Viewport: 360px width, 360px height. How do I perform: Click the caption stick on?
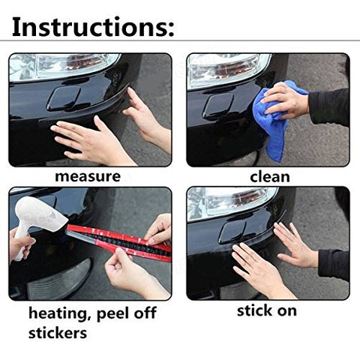[266, 310]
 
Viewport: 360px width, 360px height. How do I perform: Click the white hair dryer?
[41, 214]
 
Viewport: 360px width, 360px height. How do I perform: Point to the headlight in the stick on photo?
[225, 200]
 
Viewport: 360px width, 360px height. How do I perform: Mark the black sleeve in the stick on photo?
[334, 262]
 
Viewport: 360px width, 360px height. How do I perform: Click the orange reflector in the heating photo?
[60, 281]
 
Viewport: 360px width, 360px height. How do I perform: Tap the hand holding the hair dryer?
[18, 244]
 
